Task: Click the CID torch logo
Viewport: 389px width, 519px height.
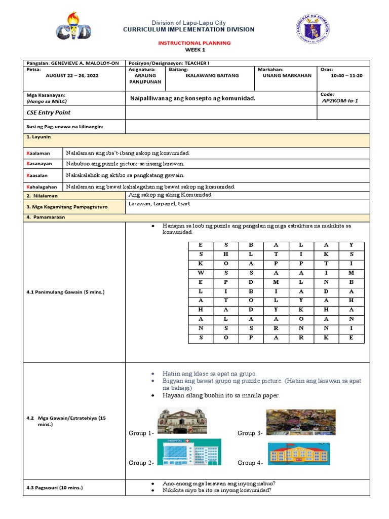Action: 73,27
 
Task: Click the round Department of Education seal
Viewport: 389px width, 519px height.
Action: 314,29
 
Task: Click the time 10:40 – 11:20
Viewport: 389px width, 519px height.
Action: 346,76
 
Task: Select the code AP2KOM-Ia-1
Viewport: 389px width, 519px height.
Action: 340,101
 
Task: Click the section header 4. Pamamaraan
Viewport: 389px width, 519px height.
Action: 47,217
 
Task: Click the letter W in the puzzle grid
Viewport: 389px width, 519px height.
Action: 201,273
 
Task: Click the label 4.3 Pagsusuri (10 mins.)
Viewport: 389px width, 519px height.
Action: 55,488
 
